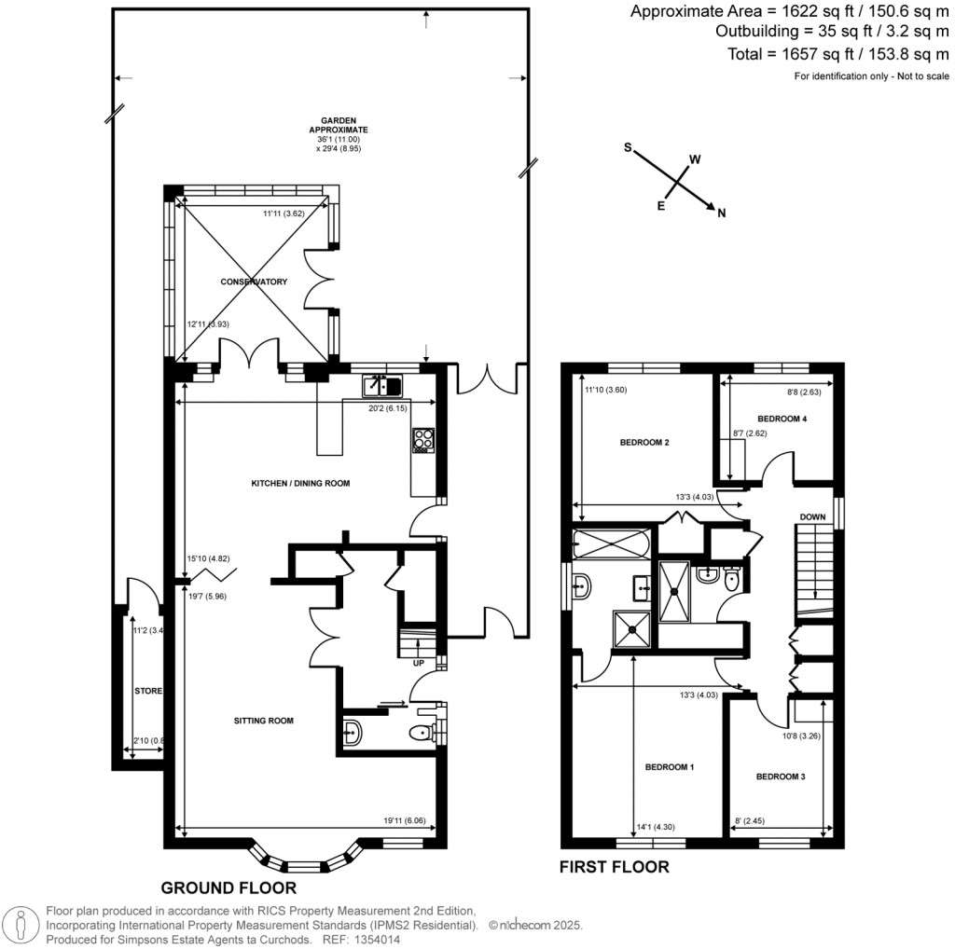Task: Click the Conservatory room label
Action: [x=254, y=282]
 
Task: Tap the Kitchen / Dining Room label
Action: [x=301, y=483]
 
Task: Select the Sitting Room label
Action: [x=264, y=721]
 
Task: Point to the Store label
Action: [x=148, y=691]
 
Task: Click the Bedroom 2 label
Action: [x=644, y=443]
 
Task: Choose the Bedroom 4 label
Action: [x=782, y=419]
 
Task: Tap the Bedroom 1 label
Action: [x=670, y=767]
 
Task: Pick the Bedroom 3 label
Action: [x=781, y=777]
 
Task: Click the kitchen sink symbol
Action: [x=381, y=386]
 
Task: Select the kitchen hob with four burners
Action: [x=423, y=441]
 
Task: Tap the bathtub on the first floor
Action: [x=611, y=544]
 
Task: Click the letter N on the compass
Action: [x=722, y=213]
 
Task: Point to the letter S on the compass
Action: [x=628, y=147]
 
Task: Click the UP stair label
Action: [x=419, y=663]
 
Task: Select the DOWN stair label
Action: [x=812, y=516]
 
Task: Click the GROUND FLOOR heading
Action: [x=228, y=888]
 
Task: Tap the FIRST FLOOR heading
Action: [x=614, y=867]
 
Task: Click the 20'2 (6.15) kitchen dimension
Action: [x=387, y=408]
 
